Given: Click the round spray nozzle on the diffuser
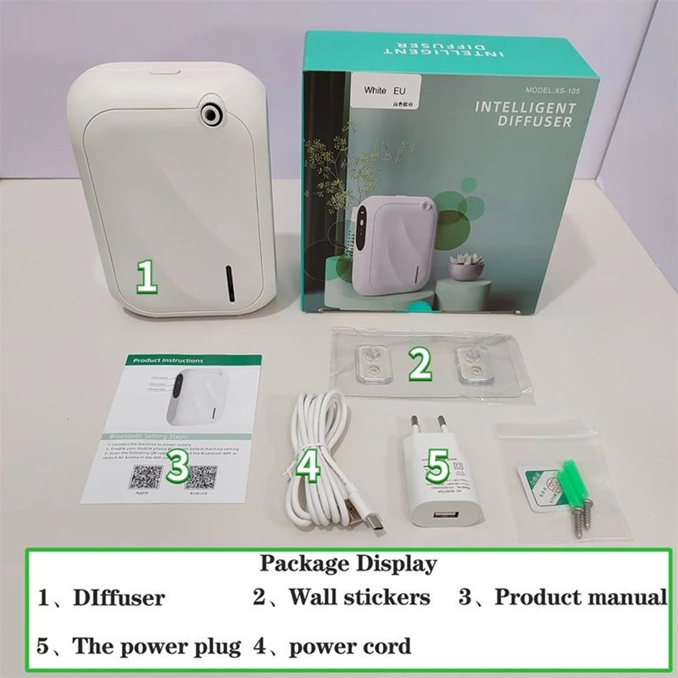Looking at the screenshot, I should point(213,113).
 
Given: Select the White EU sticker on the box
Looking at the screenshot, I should point(384,92).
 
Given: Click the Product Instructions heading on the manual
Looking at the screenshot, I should point(167,361).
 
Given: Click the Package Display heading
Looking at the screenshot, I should point(348,563).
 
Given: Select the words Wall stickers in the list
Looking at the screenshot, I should point(359,597).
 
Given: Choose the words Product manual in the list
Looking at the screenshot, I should point(580,597).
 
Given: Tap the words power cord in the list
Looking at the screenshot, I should point(350,646).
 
